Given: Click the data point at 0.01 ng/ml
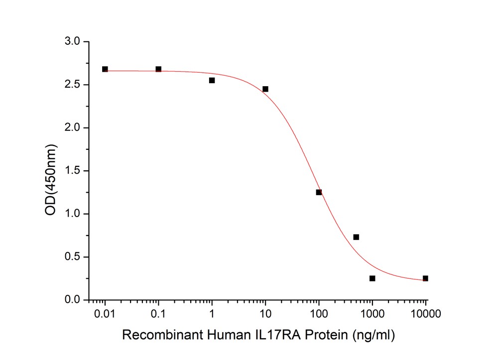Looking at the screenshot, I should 105,69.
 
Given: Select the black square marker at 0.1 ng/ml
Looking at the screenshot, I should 158,69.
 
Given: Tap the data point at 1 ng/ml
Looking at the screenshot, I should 212,80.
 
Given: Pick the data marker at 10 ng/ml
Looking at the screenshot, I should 265,89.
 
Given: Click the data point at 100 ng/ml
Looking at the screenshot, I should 319,192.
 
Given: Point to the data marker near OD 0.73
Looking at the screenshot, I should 356,237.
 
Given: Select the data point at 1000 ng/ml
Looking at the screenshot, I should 372,278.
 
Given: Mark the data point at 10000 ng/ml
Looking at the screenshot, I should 425,278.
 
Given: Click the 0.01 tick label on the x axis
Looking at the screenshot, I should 105,314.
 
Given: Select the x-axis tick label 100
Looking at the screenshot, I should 319,314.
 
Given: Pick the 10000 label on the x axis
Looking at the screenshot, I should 425,314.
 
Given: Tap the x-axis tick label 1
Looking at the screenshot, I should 212,314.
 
